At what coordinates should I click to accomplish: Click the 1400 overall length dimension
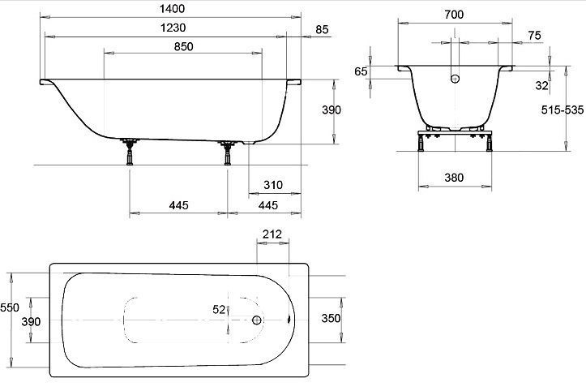[173, 9]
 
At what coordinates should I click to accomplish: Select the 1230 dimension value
[173, 28]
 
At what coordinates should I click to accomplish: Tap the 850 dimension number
[183, 46]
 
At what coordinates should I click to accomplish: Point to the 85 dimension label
[322, 29]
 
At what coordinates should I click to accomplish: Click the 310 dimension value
[273, 185]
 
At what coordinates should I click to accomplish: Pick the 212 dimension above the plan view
[272, 234]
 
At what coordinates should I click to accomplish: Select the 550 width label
[10, 307]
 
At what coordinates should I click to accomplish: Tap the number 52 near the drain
[219, 309]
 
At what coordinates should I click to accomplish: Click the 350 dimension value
[331, 318]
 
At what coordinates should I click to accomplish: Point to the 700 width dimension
[454, 15]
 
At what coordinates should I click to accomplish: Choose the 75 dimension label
[534, 35]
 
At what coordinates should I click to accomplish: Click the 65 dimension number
[361, 71]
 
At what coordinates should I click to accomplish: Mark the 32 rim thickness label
[542, 85]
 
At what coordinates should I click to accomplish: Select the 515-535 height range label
[562, 110]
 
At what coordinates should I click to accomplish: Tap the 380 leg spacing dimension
[454, 178]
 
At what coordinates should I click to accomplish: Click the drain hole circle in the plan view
[257, 320]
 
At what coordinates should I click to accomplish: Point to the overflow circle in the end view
[455, 79]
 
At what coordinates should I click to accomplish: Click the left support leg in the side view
[130, 152]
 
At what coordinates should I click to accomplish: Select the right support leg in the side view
[227, 153]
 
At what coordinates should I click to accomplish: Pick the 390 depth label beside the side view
[331, 110]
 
